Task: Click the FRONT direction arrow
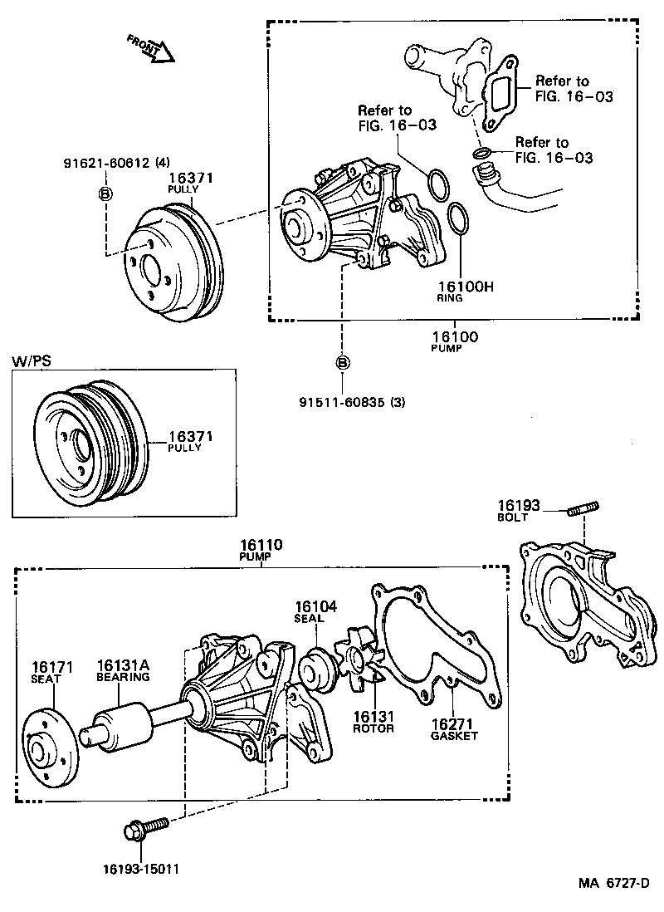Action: pos(152,48)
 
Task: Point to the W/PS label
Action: pos(31,362)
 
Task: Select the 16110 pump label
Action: pos(261,546)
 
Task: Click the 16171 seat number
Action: pos(53,666)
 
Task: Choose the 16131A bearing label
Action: pos(122,666)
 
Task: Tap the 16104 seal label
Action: pos(315,607)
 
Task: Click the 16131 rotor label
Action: pos(373,717)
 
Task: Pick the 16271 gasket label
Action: pos(454,723)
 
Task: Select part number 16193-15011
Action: pos(141,870)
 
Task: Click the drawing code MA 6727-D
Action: pos(614,882)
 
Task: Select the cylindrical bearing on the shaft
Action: pos(122,725)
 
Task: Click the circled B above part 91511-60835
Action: pos(343,362)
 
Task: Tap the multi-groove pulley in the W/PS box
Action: pos(90,442)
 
